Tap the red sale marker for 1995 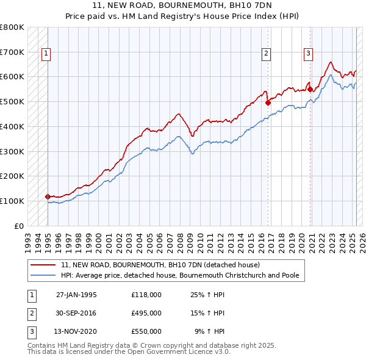[48, 196]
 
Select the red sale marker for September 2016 [268, 103]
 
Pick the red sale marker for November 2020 [310, 90]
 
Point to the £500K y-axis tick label [12, 101]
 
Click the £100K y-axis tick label [12, 201]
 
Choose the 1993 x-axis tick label [27, 239]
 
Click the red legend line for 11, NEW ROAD [43, 265]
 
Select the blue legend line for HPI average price [43, 276]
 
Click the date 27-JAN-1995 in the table [76, 295]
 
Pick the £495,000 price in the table [146, 313]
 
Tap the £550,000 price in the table [146, 331]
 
